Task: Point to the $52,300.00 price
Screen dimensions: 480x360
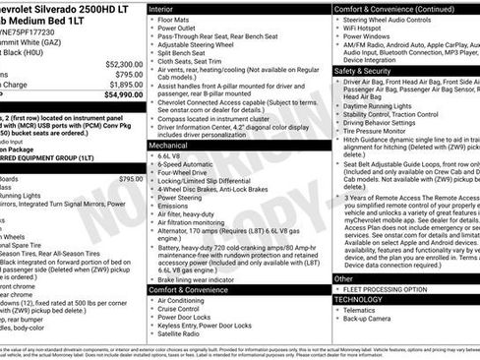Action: point(121,62)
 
